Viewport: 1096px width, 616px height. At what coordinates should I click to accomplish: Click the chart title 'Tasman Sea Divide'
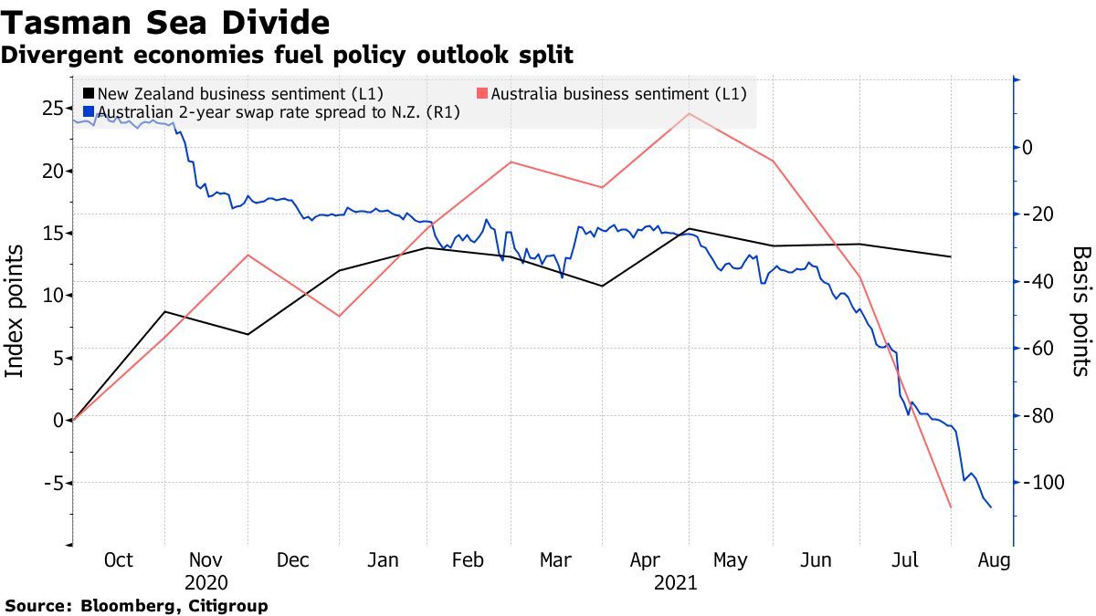[x=165, y=21]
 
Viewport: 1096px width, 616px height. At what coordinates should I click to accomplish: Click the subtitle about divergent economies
[x=287, y=55]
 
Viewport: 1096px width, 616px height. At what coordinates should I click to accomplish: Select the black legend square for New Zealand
[x=89, y=93]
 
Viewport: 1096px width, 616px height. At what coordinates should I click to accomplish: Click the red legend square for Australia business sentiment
[x=483, y=93]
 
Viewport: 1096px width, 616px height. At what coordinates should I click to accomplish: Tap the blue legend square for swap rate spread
[x=89, y=113]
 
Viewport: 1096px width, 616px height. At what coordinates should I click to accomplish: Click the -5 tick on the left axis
[x=52, y=482]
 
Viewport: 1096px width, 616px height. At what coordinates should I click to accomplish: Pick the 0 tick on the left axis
[x=58, y=420]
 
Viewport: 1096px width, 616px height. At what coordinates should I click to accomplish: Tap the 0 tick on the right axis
[x=1028, y=147]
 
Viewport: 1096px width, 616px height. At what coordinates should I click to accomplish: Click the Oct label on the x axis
[x=119, y=560]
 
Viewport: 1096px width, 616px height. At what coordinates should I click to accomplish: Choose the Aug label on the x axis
[x=994, y=560]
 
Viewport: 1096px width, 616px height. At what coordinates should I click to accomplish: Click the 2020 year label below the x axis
[x=205, y=582]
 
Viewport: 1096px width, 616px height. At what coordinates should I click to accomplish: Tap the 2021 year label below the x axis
[x=676, y=582]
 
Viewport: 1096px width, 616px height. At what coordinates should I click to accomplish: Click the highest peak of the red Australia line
[x=690, y=113]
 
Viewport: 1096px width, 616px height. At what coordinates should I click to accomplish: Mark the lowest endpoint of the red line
[x=951, y=506]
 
